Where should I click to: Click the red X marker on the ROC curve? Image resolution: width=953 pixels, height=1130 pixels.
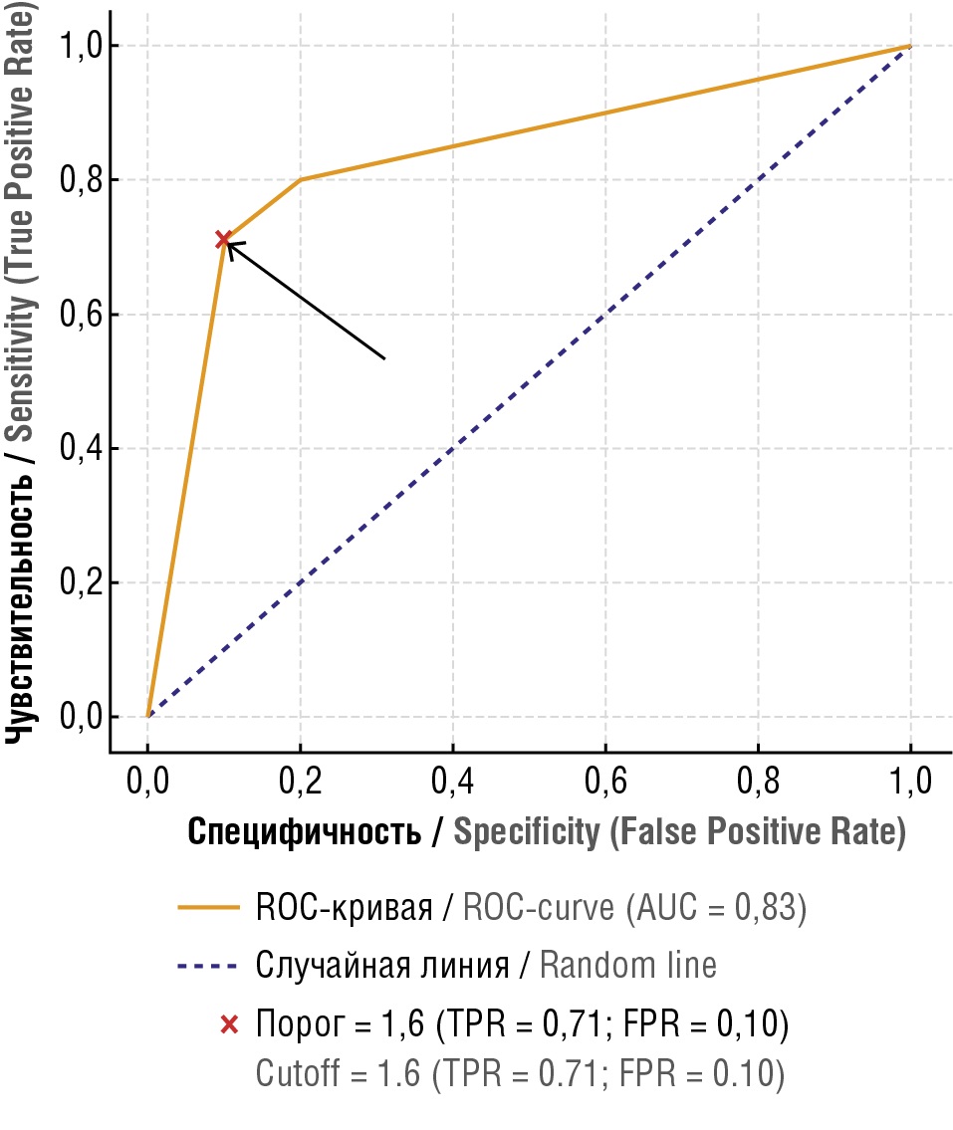[x=224, y=240]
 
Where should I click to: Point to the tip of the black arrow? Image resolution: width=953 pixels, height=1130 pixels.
[x=228, y=243]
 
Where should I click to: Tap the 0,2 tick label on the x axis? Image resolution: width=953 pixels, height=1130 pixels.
[x=300, y=782]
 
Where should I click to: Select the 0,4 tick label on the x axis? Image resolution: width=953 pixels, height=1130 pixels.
[x=452, y=782]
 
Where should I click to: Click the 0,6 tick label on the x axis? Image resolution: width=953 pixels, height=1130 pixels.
[x=604, y=782]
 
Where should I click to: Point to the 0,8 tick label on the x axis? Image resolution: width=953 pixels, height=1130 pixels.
[x=757, y=782]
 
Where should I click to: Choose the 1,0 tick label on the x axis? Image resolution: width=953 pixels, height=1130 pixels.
[x=909, y=782]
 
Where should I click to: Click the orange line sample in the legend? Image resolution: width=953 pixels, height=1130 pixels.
[x=209, y=908]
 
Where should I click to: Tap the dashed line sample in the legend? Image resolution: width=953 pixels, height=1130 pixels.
[x=209, y=966]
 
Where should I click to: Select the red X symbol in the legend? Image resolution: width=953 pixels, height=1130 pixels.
[x=229, y=1023]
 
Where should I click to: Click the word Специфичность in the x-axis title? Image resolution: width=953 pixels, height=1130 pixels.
[x=304, y=832]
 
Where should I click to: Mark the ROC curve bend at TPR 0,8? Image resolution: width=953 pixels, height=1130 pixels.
[x=301, y=179]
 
